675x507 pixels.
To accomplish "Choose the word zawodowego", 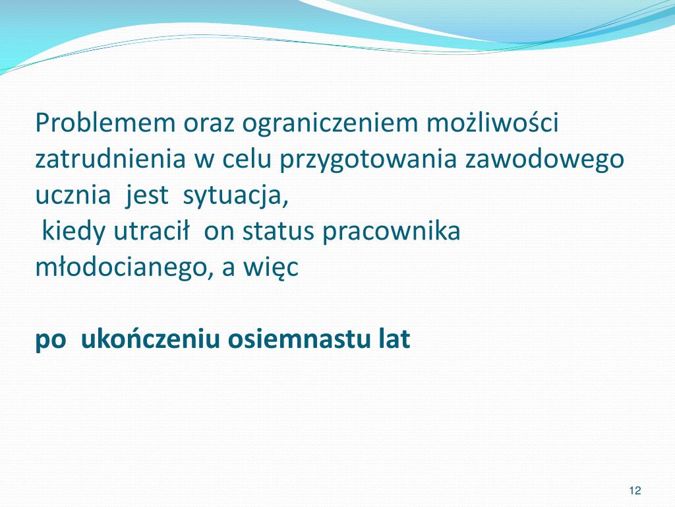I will tap(544, 160).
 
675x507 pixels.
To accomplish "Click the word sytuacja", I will tap(236, 196).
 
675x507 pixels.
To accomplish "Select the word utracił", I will tap(152, 232).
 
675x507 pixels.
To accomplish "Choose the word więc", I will tap(272, 269).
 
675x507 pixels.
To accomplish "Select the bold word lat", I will tap(394, 339).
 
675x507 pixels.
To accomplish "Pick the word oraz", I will tap(210, 123).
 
